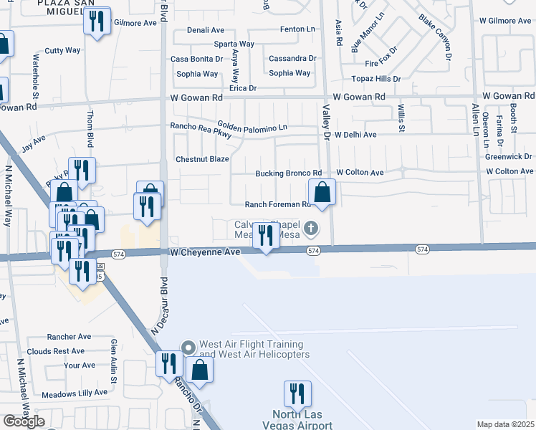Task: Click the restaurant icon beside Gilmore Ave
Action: pos(97,21)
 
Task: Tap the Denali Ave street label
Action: pos(206,30)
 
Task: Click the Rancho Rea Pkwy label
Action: pos(201,133)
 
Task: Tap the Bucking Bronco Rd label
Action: pos(289,173)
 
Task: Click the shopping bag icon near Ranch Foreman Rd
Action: pos(322,192)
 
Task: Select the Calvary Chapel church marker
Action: pos(310,229)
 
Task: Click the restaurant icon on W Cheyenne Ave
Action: pos(267,236)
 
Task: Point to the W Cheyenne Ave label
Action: pos(204,252)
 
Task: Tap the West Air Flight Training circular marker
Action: pos(188,348)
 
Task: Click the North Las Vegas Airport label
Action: pos(302,419)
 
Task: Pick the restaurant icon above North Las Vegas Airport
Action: pos(297,393)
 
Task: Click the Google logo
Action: pos(24,421)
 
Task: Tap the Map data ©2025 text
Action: pos(505,424)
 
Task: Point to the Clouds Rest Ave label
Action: pos(57,351)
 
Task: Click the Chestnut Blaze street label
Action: pos(201,159)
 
